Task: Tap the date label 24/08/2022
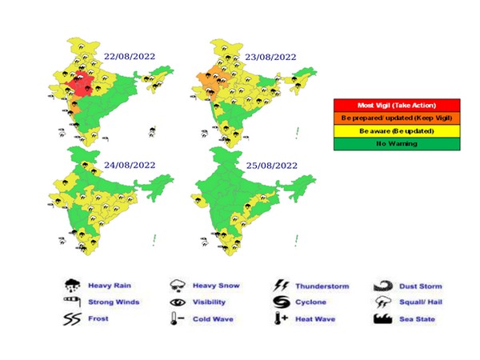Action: click(130, 166)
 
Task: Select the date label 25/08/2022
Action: click(271, 166)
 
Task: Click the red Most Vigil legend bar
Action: click(397, 105)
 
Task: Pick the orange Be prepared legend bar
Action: click(397, 117)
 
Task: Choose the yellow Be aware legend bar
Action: click(397, 130)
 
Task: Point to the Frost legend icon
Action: click(72, 320)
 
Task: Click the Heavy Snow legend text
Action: click(216, 286)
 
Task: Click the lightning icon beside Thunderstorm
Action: click(282, 286)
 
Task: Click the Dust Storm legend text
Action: click(420, 286)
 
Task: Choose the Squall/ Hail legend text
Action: click(421, 302)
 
